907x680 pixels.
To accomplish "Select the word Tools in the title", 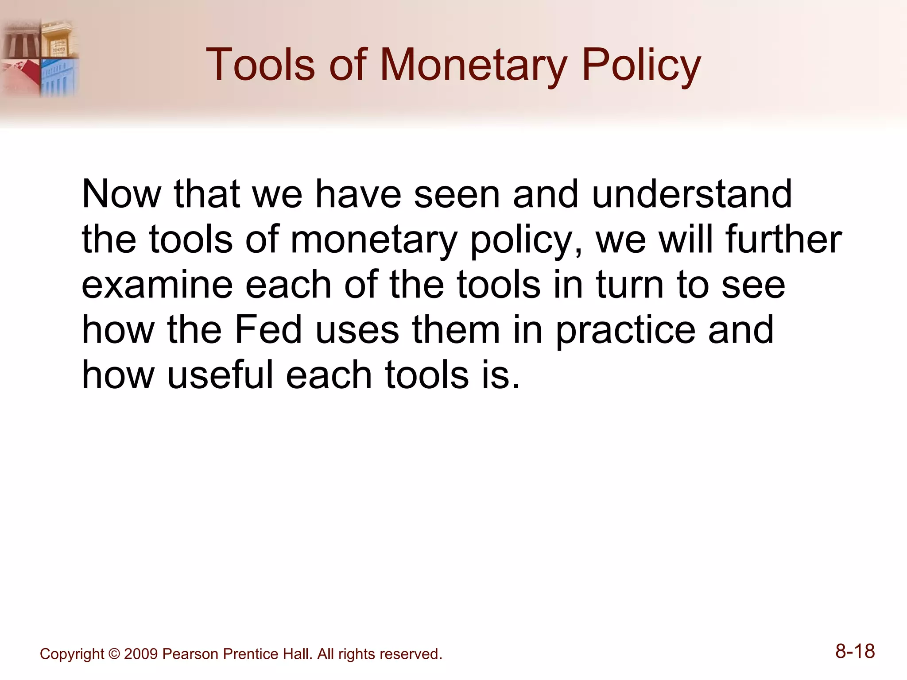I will click(x=260, y=66).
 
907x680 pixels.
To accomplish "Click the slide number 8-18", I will click(x=855, y=652).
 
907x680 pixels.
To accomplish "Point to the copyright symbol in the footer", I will click(x=114, y=654).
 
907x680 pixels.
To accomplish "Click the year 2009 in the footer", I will click(x=141, y=654).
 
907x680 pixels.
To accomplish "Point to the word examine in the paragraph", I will click(x=157, y=285).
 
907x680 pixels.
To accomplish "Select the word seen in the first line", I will click(x=457, y=195).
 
